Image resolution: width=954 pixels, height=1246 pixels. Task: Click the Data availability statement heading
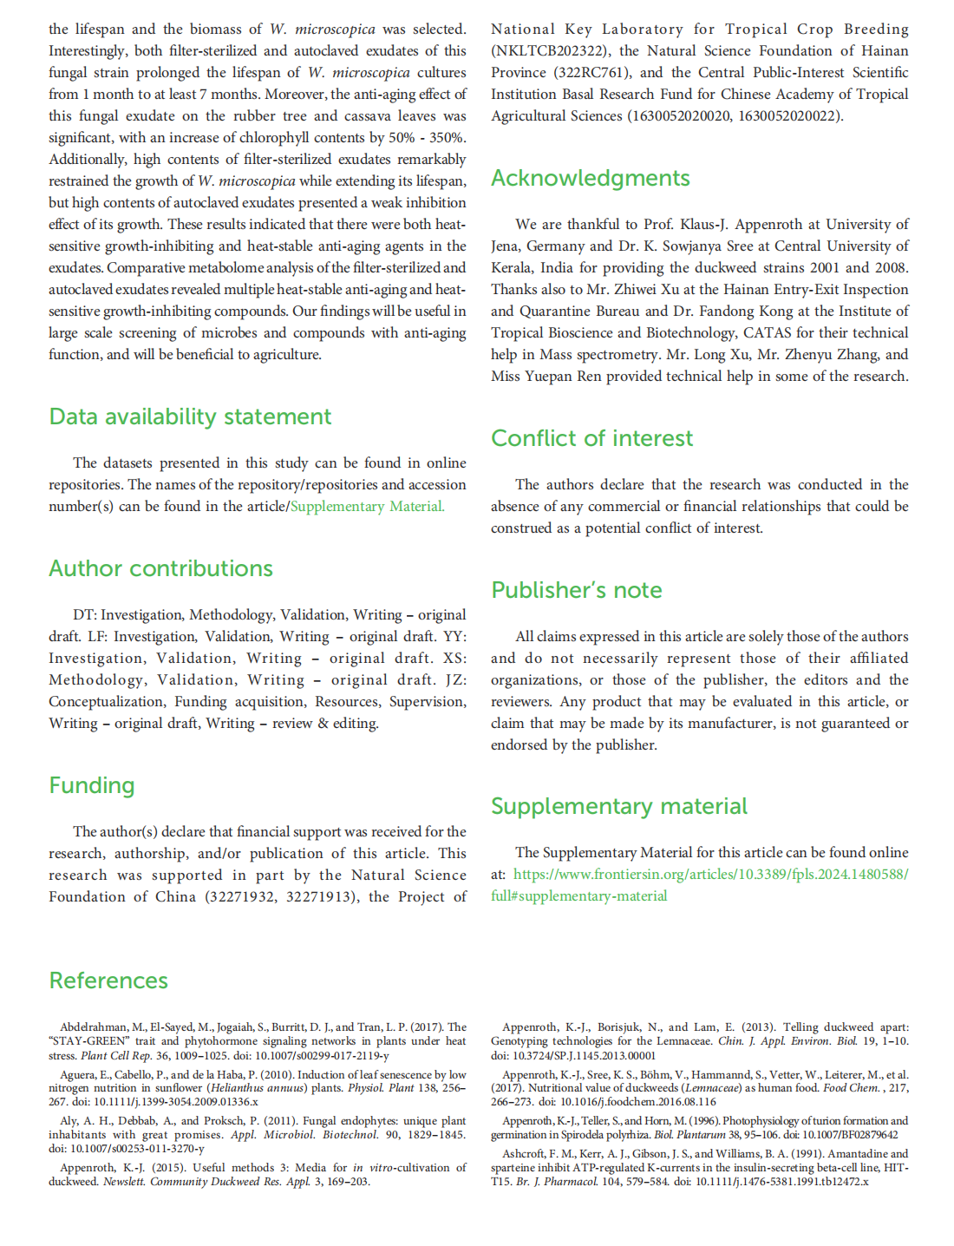pyautogui.click(x=190, y=417)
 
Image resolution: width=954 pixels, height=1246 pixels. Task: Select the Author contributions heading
pyautogui.click(x=160, y=569)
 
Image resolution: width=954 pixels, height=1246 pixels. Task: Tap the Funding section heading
pyautogui.click(x=92, y=786)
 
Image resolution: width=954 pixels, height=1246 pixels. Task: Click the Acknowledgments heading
pyautogui.click(x=590, y=179)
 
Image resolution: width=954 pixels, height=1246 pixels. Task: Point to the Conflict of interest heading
pyautogui.click(x=591, y=439)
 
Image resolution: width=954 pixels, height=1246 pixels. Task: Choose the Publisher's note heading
pyautogui.click(x=576, y=591)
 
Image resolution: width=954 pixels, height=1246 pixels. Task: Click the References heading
pyautogui.click(x=108, y=981)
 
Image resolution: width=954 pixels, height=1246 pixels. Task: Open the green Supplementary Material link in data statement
pyautogui.click(x=367, y=507)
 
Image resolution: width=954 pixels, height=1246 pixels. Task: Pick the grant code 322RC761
pyautogui.click(x=589, y=73)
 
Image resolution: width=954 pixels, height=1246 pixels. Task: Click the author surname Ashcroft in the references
pyautogui.click(x=525, y=1154)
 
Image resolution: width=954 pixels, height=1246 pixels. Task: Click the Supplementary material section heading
pyautogui.click(x=618, y=807)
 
